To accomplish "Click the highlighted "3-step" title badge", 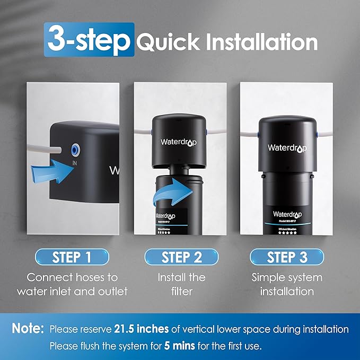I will [89, 40].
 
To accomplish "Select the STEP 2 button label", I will [182, 258].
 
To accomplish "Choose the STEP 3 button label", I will [287, 258].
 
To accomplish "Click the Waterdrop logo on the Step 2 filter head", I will [179, 142].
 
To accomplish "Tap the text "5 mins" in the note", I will [179, 346].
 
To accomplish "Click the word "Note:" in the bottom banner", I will [28, 329].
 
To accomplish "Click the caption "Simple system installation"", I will [287, 284].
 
